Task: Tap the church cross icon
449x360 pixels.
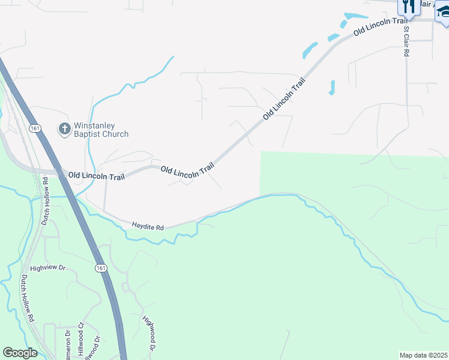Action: click(x=64, y=128)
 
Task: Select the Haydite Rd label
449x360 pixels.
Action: click(x=148, y=227)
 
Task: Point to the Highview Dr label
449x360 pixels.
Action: click(x=47, y=268)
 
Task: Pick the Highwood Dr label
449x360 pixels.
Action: click(x=148, y=333)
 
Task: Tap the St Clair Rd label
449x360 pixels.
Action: click(x=406, y=41)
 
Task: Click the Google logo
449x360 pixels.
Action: click(x=20, y=353)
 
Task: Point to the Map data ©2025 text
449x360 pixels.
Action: click(x=424, y=355)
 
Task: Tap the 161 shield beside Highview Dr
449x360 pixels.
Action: click(x=101, y=267)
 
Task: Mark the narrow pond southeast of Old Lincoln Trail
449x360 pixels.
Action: click(x=331, y=88)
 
